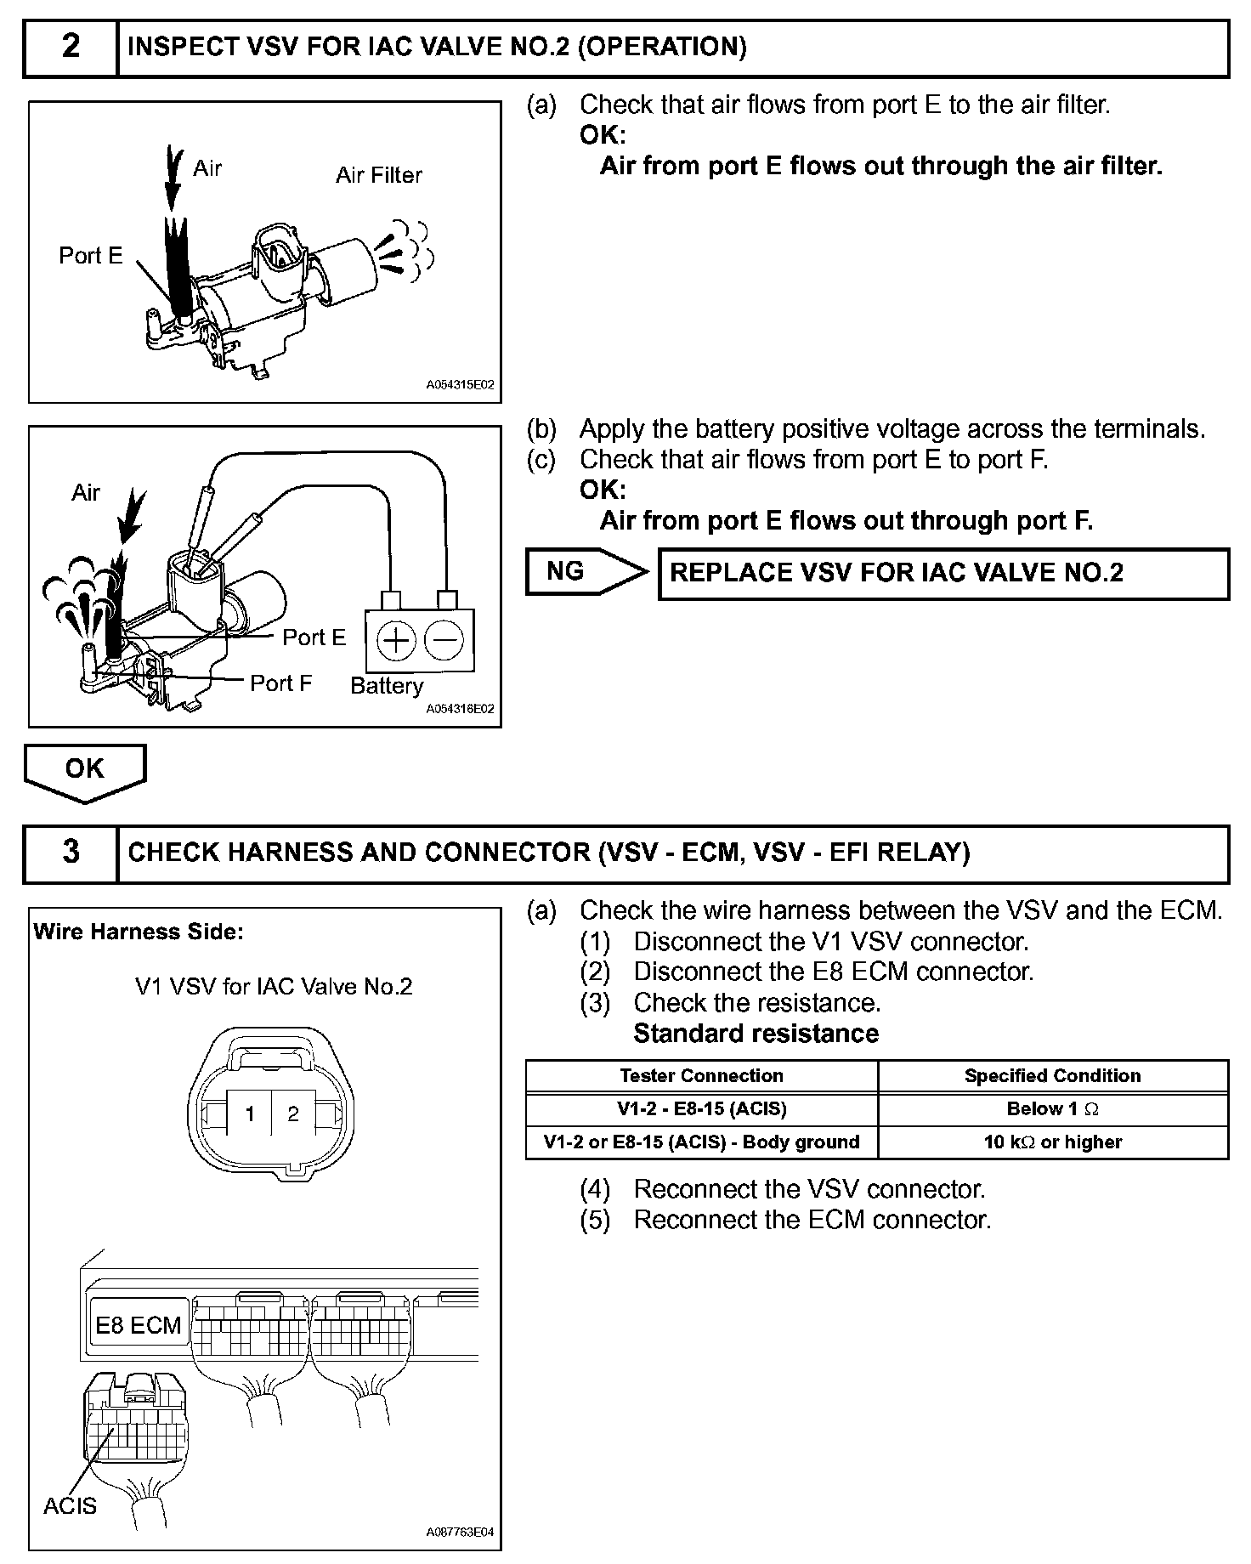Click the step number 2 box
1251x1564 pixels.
coord(71,48)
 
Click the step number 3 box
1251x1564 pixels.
coord(71,853)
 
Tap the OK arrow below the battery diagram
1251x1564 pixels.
coord(85,770)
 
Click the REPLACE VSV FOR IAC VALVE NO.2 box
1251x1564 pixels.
coord(943,574)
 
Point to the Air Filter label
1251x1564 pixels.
coord(378,175)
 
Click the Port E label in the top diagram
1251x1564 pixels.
coord(91,255)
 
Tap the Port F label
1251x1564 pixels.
coord(280,683)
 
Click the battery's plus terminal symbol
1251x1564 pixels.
coord(395,640)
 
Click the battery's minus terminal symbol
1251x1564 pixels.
coord(443,640)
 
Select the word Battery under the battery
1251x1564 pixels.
coord(387,686)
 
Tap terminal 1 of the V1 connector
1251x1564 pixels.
coord(250,1113)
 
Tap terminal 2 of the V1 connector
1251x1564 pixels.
coord(293,1113)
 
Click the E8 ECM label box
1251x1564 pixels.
coord(138,1325)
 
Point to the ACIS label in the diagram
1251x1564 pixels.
coord(70,1505)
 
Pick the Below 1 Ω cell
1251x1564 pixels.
coord(1053,1109)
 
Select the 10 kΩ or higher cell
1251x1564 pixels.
coord(1053,1142)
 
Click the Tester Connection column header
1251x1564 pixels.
coord(701,1076)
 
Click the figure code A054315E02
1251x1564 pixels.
coord(460,385)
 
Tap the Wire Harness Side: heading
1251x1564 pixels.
coord(139,932)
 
